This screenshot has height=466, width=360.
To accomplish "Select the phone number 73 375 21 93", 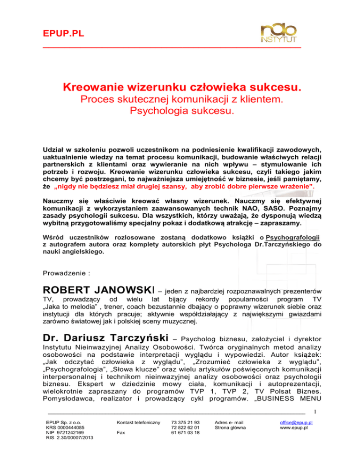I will [186, 422].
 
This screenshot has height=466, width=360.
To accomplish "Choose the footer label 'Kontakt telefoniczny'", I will [139, 422].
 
